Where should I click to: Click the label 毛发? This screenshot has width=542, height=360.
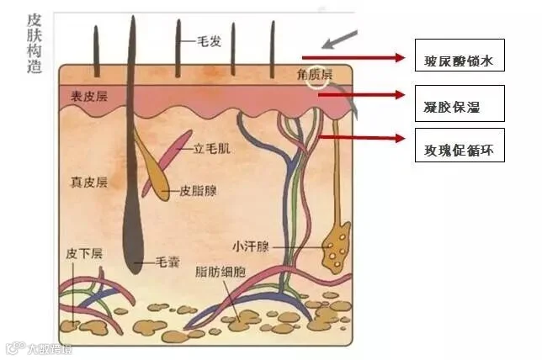coord(210,40)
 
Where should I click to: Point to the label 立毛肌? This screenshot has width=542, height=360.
coord(211,149)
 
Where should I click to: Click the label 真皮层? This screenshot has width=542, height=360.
coord(88,182)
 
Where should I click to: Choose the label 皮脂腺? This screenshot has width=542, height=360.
coord(198,191)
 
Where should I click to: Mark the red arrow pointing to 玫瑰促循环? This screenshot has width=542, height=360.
coord(362,137)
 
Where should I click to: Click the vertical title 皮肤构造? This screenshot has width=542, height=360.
coord(35,44)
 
